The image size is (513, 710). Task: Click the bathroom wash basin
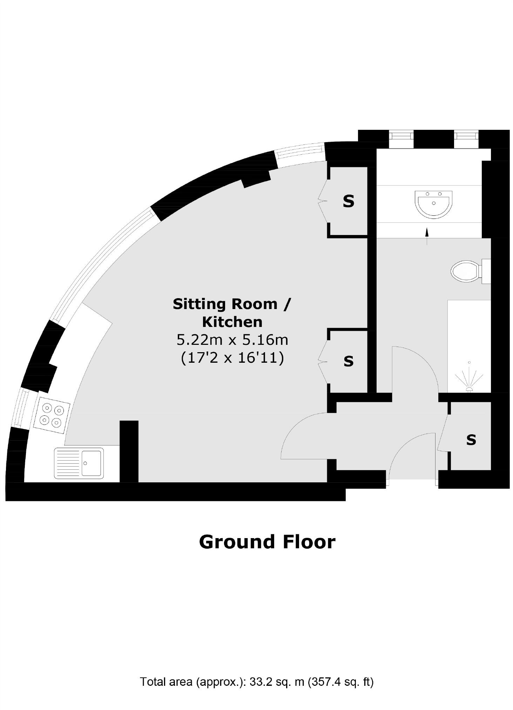[433, 204]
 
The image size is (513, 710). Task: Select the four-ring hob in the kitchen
[52, 415]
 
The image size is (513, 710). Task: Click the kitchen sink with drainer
[79, 463]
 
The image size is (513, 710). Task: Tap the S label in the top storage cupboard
[348, 201]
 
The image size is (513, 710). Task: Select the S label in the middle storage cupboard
[348, 361]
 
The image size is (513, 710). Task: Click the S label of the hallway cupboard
[471, 440]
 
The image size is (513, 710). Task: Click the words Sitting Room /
[232, 304]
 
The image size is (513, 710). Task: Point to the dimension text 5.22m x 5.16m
[232, 340]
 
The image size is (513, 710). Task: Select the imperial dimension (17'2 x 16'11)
[232, 358]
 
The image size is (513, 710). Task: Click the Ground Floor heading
[267, 542]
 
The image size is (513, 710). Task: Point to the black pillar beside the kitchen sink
[129, 451]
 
